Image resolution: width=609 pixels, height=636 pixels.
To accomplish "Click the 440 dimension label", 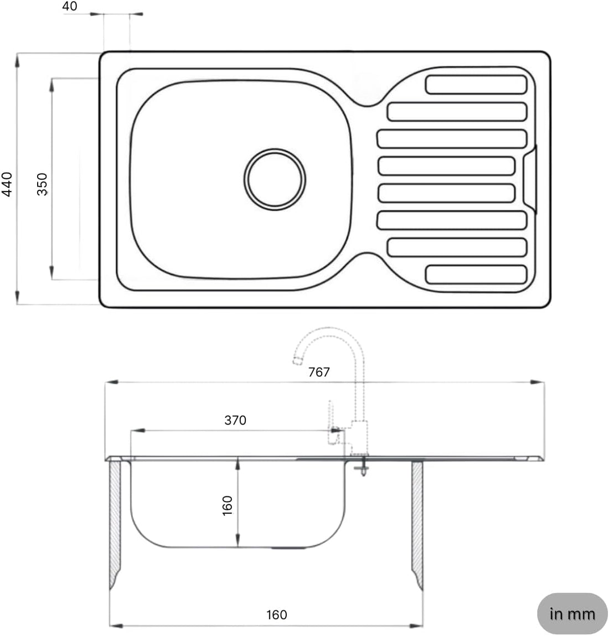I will click(8, 184).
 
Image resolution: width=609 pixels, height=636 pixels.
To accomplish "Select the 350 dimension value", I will click(43, 184).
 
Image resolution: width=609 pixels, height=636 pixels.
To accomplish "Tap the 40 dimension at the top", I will click(70, 7).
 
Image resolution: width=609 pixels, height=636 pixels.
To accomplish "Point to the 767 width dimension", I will click(319, 372).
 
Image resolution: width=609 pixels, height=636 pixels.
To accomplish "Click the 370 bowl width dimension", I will click(235, 420).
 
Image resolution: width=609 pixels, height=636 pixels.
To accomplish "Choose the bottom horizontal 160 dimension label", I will click(276, 614).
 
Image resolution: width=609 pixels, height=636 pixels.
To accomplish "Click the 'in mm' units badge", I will click(572, 614).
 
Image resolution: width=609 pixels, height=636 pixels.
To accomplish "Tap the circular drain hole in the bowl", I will click(275, 179).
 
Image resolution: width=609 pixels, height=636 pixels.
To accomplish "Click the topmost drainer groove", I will click(476, 85).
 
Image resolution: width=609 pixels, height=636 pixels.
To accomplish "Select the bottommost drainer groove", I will click(476, 275).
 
